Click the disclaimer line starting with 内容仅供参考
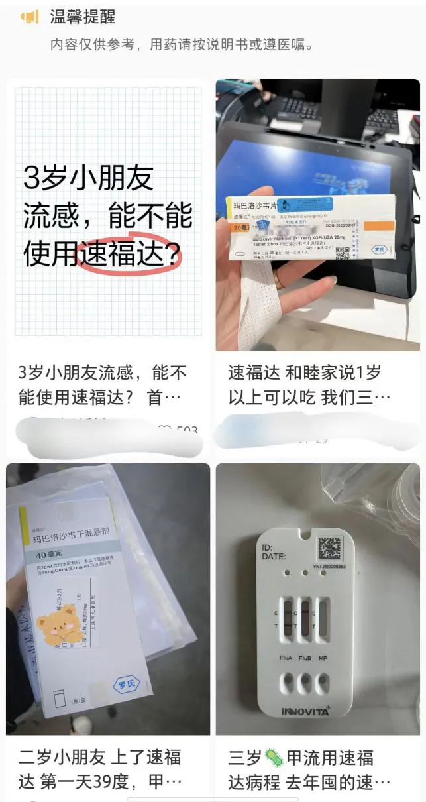(x=182, y=45)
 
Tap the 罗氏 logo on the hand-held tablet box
(x=379, y=251)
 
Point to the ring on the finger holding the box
(x=279, y=280)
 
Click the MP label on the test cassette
(x=322, y=658)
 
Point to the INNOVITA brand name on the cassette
(x=305, y=712)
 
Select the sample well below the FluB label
(x=305, y=683)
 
